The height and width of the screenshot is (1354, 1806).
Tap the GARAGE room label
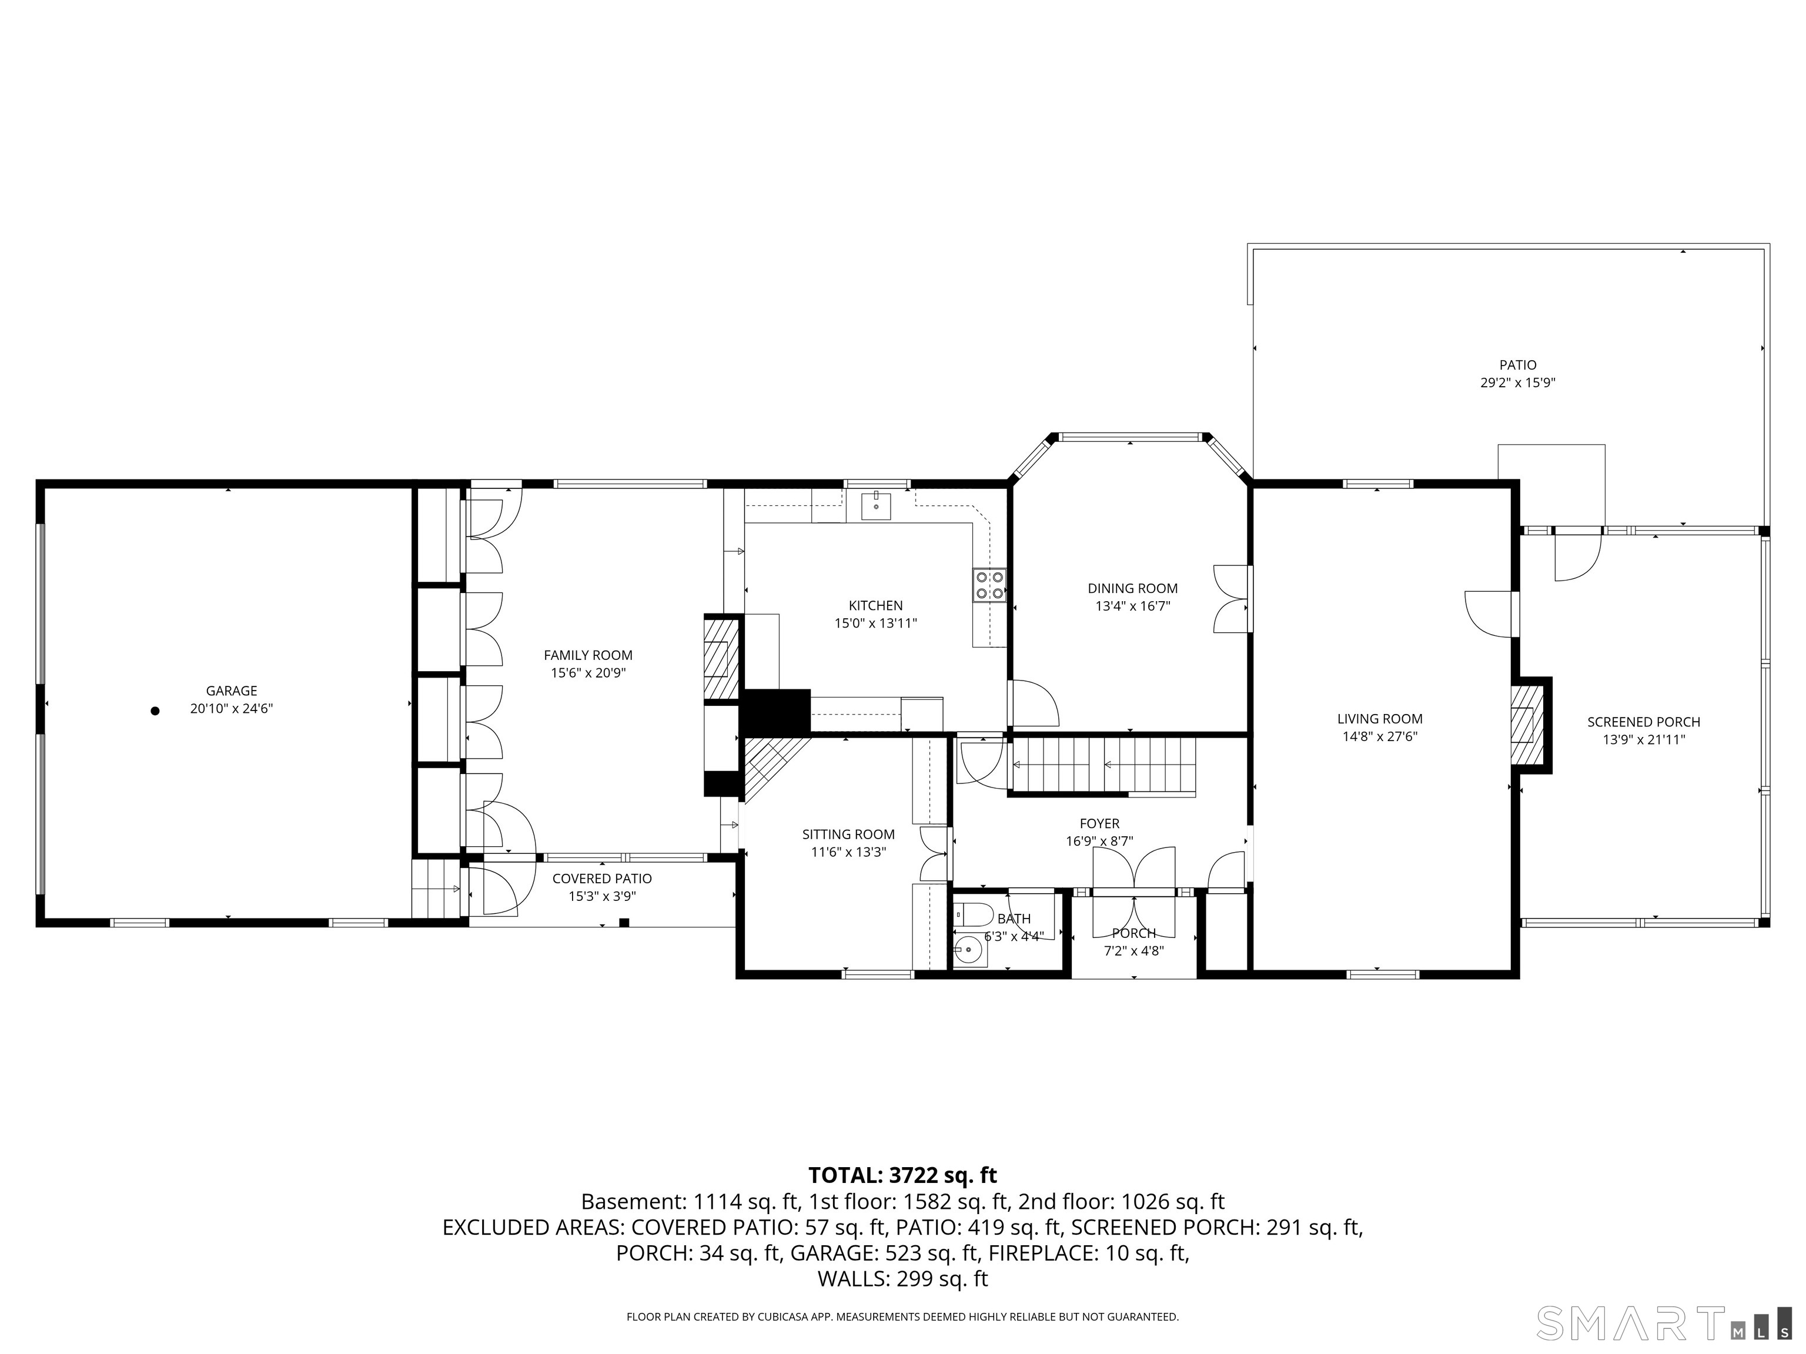[x=231, y=691]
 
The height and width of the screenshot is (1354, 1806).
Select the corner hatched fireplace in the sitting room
[x=771, y=767]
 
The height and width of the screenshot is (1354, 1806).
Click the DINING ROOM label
[x=1132, y=588]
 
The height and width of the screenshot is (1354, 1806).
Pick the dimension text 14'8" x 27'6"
[x=1380, y=737]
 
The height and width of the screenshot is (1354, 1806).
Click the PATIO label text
[x=1518, y=366]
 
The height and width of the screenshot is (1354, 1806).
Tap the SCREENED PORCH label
[x=1644, y=722]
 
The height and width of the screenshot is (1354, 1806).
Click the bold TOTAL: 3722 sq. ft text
[x=902, y=1175]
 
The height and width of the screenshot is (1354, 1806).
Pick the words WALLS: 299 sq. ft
[x=902, y=1279]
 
